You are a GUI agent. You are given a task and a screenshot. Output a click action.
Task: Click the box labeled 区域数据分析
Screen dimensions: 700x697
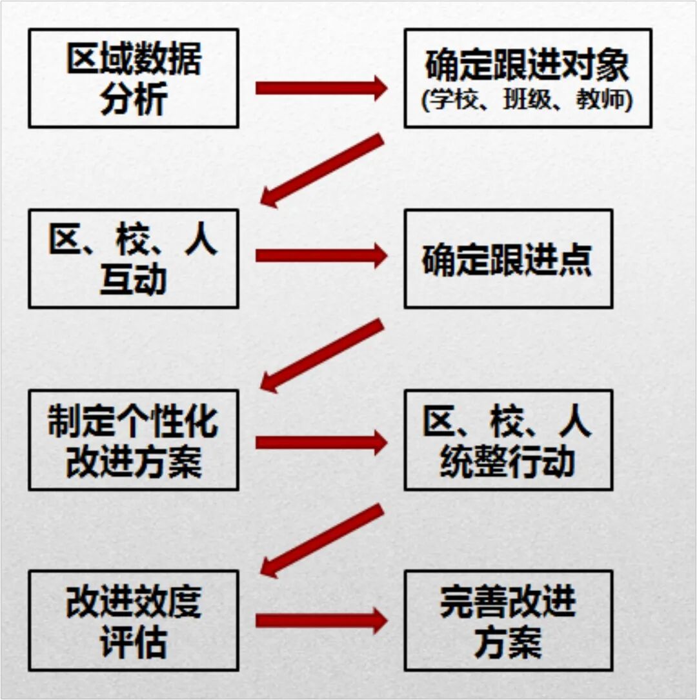(x=134, y=78)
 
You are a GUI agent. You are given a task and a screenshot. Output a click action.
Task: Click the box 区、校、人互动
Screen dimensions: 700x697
(x=134, y=258)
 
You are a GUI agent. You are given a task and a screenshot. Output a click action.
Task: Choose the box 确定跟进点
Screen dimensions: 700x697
(x=508, y=259)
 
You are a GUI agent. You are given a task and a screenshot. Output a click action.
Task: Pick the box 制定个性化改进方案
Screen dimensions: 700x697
(x=134, y=439)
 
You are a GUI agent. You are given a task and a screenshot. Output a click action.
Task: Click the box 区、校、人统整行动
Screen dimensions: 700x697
(x=508, y=439)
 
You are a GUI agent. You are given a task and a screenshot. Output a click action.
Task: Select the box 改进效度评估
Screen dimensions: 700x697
(x=134, y=620)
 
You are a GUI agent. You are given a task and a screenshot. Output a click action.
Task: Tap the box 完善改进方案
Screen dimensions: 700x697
(x=508, y=620)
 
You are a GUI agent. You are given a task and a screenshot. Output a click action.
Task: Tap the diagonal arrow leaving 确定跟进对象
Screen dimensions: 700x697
(x=323, y=170)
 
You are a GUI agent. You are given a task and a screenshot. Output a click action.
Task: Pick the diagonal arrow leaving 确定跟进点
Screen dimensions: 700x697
(x=323, y=355)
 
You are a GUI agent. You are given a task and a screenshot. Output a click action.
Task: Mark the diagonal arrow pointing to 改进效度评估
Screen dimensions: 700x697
(x=323, y=541)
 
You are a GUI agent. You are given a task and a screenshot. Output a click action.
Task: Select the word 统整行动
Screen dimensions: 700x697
(x=508, y=461)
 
